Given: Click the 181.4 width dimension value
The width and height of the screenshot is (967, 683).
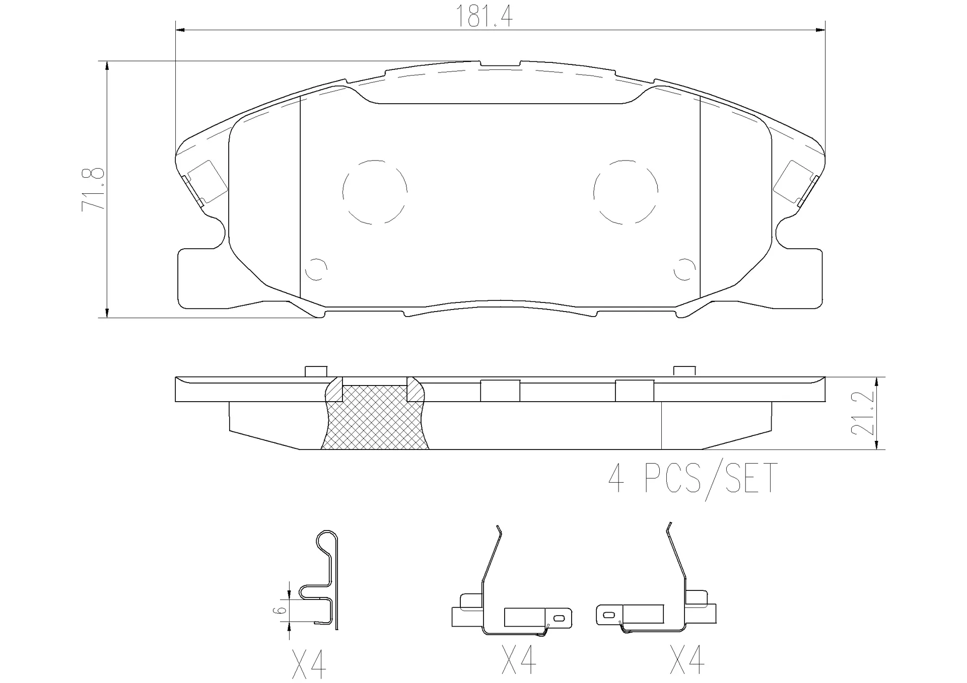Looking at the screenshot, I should tap(484, 17).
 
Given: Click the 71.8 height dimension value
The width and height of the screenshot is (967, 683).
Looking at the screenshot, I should tap(94, 189).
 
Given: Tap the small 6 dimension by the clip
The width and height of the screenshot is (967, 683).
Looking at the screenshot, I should tap(282, 610).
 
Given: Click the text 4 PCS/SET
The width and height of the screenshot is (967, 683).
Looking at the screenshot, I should tap(693, 479).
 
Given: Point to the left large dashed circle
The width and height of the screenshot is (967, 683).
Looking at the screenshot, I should tap(375, 192).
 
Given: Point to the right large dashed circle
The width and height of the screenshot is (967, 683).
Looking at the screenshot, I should tap(626, 192).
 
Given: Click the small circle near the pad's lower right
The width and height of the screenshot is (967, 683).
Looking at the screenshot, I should tap(684, 269).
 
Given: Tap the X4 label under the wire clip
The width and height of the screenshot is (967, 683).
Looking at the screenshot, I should tap(309, 664).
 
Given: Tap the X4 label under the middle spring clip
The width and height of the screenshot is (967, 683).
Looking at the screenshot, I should tap(519, 660).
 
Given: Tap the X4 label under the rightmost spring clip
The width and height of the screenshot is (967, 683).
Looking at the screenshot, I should tap(687, 660).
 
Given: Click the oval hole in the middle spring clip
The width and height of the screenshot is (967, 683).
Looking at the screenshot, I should tap(558, 617).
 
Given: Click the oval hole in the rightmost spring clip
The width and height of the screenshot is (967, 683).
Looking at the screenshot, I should tap(608, 615).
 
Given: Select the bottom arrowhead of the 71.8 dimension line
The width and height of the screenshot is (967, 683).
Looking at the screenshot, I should tap(107, 313).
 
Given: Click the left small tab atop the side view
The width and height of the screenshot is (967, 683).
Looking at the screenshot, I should tap(316, 371).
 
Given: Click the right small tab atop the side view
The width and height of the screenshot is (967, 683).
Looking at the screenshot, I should tap(684, 371).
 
